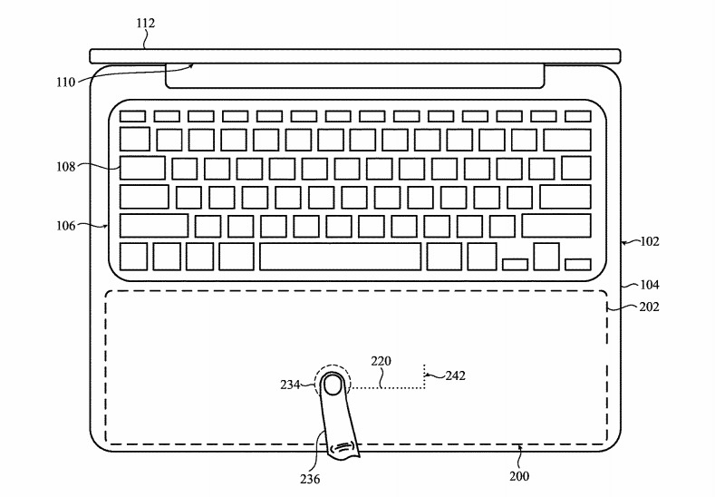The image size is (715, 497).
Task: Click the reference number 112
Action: pyautogui.click(x=146, y=23)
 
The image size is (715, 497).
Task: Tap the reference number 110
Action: pyautogui.click(x=65, y=83)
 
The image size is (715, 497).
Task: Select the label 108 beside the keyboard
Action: pyautogui.click(x=65, y=167)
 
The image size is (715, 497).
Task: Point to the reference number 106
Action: pyautogui.click(x=65, y=226)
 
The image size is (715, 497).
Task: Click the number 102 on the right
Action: pyautogui.click(x=650, y=241)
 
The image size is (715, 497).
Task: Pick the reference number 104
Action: pyautogui.click(x=650, y=285)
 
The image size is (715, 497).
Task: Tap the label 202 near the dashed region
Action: pyautogui.click(x=650, y=307)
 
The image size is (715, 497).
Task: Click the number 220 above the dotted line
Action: pyautogui.click(x=381, y=361)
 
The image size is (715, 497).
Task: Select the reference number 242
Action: pyautogui.click(x=456, y=375)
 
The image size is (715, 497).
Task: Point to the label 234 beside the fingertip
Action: pyautogui.click(x=290, y=385)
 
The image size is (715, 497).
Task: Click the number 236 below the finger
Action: pyautogui.click(x=310, y=479)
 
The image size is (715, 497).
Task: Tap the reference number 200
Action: pyautogui.click(x=519, y=476)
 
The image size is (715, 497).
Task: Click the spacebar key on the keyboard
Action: pyautogui.click(x=340, y=257)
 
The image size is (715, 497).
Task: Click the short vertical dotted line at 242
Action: pyautogui.click(x=424, y=376)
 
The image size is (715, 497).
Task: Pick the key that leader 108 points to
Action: pyautogui.click(x=142, y=168)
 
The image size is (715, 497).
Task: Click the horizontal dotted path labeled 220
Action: pyautogui.click(x=387, y=388)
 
